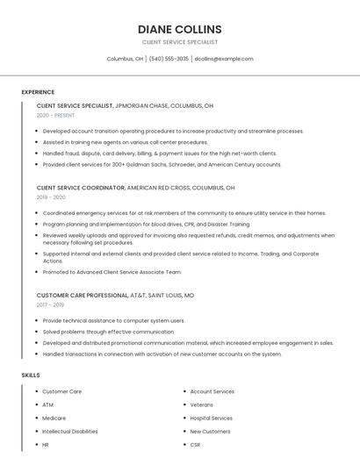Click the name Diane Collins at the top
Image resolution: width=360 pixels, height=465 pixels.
[179, 29]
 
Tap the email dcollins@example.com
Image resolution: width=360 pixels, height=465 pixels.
[224, 59]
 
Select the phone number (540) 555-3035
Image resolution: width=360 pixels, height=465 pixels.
[169, 59]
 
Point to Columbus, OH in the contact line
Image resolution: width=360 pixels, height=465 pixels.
[125, 59]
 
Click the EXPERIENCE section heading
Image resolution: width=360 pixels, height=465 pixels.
[38, 92]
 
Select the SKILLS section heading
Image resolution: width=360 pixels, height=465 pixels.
[31, 376]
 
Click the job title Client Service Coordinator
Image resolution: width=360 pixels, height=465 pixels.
[81, 188]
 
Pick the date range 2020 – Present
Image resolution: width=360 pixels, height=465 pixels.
[55, 115]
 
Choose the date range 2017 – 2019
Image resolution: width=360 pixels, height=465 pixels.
[50, 305]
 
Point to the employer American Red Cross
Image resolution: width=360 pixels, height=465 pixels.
[158, 188]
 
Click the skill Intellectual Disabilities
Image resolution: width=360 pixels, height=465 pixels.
[70, 432]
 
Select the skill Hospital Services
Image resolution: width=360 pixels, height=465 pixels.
[212, 418]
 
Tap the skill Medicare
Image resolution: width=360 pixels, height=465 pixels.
[54, 418]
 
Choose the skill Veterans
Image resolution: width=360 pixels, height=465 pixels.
[202, 404]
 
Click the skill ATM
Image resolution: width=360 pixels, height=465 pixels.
[47, 404]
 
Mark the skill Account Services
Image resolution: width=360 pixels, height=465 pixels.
[212, 391]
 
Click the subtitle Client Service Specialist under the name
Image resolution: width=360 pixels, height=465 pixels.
[179, 42]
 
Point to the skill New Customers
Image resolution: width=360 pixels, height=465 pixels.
[210, 432]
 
